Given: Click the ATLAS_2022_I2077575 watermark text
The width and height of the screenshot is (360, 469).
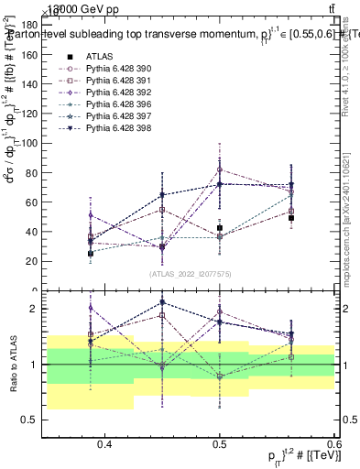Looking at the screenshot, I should coord(191,274).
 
